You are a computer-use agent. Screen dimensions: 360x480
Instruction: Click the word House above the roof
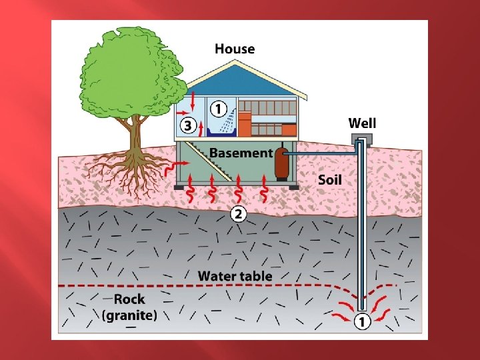pos(234,49)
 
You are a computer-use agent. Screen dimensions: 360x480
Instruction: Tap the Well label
pos(362,123)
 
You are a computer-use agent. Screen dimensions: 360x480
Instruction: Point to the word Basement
pos(241,153)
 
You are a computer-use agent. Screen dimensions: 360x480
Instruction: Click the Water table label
pos(235,275)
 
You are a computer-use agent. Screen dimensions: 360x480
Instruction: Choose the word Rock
pos(129,299)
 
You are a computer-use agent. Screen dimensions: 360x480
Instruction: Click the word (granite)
pos(129,315)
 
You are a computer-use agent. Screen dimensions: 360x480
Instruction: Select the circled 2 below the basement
pos(238,214)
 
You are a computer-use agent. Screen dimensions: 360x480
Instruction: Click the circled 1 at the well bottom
pos(361,321)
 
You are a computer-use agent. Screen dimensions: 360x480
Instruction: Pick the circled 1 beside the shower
pos(217,107)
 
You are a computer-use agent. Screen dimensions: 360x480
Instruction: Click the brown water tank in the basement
pos(281,164)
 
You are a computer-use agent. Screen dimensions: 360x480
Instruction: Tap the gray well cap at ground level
pos(361,139)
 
